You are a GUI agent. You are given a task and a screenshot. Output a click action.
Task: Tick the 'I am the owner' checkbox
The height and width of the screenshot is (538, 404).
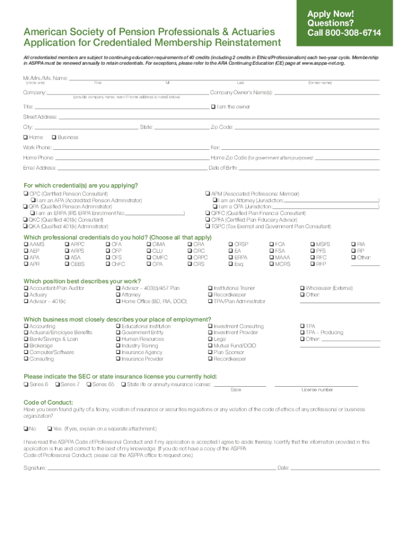(x=213, y=107)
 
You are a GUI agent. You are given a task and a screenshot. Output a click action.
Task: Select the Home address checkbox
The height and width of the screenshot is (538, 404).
(x=25, y=137)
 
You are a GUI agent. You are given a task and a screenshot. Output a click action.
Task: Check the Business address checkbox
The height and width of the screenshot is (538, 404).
(x=54, y=137)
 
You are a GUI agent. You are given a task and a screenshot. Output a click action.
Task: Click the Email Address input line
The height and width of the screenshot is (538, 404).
(x=131, y=168)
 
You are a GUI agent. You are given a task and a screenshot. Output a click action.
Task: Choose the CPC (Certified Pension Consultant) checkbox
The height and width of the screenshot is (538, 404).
(x=25, y=194)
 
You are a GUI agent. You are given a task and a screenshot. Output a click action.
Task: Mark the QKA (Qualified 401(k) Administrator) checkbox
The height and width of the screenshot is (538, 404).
(x=25, y=226)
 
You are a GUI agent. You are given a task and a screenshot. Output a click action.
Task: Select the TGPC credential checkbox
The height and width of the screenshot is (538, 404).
(x=208, y=226)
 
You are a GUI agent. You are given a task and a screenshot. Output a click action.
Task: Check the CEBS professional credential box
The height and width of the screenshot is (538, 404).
(x=67, y=264)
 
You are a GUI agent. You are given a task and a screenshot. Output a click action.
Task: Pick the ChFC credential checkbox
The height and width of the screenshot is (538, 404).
(x=108, y=264)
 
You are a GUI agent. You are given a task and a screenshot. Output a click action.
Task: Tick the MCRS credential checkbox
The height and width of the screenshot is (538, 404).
(x=271, y=264)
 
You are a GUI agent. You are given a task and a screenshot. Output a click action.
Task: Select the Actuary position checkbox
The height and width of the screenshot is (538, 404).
(x=25, y=295)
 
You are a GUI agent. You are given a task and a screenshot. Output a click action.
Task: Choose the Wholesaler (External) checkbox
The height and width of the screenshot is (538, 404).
(x=302, y=288)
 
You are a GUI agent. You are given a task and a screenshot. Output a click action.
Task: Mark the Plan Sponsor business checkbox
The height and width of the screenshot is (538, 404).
(x=210, y=353)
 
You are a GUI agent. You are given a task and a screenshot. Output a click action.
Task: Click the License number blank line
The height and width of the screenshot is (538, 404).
(x=316, y=385)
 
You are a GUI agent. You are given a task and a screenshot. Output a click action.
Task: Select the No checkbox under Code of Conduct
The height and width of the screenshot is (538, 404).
(x=25, y=428)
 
